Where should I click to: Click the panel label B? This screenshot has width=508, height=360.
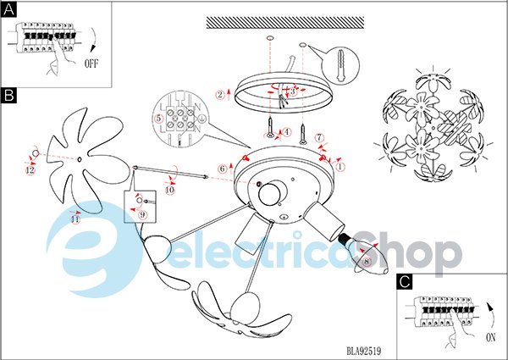pos(8,96)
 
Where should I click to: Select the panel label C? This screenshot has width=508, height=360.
pos(405,281)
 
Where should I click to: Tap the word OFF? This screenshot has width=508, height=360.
pos(91,64)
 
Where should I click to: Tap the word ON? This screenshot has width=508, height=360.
pos(491,338)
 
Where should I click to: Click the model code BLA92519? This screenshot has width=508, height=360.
pos(364,351)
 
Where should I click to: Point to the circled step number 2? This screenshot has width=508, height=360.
pos(220,95)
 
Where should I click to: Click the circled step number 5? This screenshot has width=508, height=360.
pos(158,119)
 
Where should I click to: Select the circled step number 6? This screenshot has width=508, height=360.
pos(222,169)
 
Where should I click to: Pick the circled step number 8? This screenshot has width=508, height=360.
pos(367,262)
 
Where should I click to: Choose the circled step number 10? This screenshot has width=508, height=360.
pos(170,191)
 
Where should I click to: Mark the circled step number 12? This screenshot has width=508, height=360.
pos(30,170)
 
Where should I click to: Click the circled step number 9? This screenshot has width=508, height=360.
pos(142,214)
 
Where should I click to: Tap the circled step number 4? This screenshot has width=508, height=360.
pos(287,132)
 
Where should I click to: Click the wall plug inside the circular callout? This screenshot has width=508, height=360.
pos(340,66)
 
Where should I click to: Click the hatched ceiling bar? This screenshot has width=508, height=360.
pos(285,23)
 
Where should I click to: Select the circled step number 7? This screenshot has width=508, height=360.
pos(319,138)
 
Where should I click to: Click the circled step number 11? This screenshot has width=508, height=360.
pos(75,219)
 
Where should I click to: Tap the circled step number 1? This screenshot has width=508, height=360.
pos(340,167)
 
